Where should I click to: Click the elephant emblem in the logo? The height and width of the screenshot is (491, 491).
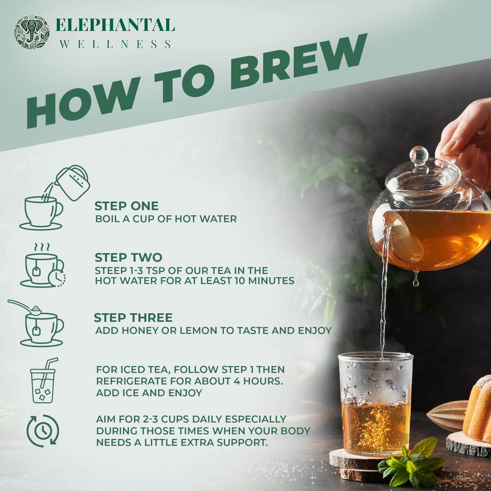click(x=32, y=32)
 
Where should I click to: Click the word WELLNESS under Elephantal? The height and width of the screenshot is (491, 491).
click(x=115, y=44)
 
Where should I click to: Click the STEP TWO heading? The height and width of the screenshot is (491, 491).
click(x=128, y=258)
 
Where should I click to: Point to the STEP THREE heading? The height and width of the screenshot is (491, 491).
click(x=133, y=318)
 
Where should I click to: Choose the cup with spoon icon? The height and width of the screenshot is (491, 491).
click(x=38, y=324)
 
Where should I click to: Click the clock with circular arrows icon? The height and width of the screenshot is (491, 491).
click(x=43, y=431)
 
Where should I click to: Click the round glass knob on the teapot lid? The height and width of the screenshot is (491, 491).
click(x=419, y=155)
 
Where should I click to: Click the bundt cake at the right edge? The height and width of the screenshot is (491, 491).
click(x=478, y=409)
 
